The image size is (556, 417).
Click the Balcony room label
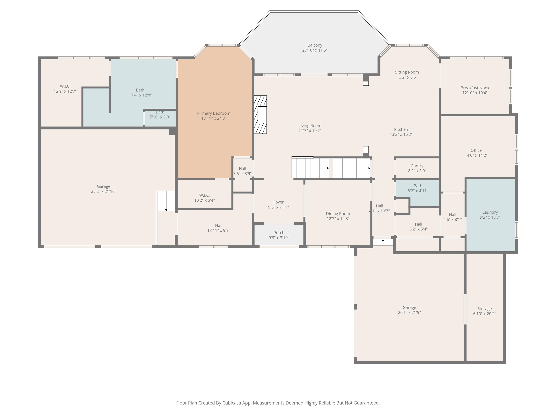pos(315,45)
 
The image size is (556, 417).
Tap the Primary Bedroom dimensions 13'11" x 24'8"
pos(214,118)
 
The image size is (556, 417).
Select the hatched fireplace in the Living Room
pos(260,115)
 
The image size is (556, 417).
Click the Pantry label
pos(417,166)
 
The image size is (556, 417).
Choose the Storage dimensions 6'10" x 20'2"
pos(484,314)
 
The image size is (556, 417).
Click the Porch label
pos(279,233)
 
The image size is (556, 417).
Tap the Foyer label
pos(278,202)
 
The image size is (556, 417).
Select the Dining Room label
pos(338,214)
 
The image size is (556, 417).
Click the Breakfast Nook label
pos(475,88)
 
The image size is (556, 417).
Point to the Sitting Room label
pos(407,72)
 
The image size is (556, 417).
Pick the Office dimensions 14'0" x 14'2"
pos(476,155)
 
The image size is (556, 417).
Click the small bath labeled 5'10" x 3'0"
pos(160,114)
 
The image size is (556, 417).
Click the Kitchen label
pos(401,129)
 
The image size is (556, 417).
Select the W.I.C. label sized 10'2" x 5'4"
pos(204,195)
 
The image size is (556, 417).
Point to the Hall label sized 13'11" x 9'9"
pos(218,226)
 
